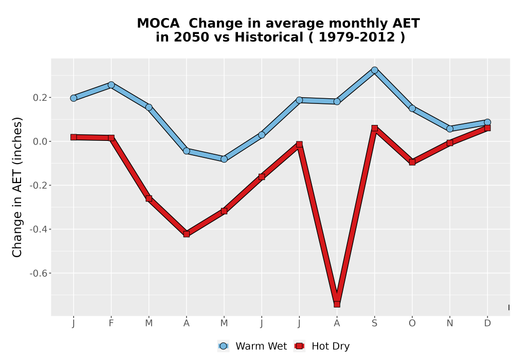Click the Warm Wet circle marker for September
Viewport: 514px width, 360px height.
[x=374, y=70]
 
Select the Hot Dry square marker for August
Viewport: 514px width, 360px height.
[x=337, y=304]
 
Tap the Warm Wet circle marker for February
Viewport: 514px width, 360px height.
[x=111, y=85]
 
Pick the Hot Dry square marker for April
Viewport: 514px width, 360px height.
[x=186, y=234]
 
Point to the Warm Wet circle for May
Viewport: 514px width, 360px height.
[x=224, y=159]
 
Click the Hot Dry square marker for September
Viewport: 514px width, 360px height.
[x=374, y=128]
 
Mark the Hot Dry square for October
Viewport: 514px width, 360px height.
[x=412, y=162]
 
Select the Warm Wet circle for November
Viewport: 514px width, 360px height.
[x=450, y=129]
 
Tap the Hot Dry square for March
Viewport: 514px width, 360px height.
[x=149, y=199]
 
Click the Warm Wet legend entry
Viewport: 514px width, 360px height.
[x=252, y=346]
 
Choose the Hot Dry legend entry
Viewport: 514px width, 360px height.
[x=322, y=346]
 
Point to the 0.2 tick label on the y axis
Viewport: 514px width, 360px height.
[x=40, y=98]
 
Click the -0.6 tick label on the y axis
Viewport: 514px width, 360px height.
[x=39, y=273]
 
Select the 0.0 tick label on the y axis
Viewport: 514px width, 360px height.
[x=40, y=141]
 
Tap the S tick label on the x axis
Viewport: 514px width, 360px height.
[x=374, y=323]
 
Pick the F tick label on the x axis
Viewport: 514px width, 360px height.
[x=111, y=323]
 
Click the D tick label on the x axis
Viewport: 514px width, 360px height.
[x=487, y=323]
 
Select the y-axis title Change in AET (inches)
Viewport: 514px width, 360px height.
[x=17, y=187]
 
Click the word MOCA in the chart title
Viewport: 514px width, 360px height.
[x=158, y=23]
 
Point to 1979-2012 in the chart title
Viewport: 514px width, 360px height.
[x=357, y=37]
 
